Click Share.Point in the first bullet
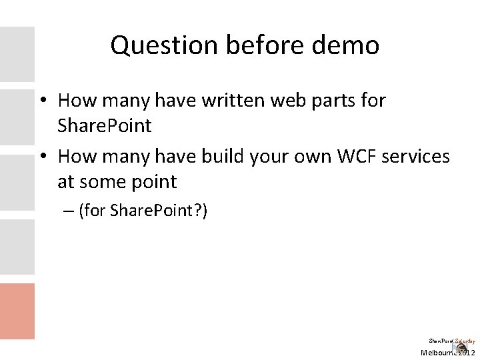(x=105, y=126)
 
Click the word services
(x=417, y=157)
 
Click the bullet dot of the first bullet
(x=41, y=101)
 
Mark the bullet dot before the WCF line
(x=41, y=158)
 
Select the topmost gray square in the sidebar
(x=17, y=54)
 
